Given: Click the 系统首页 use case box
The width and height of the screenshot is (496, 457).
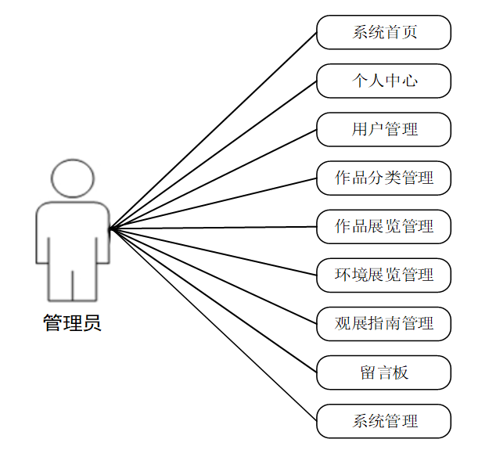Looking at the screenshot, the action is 383,32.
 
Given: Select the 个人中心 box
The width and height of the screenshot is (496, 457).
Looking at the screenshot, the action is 383,81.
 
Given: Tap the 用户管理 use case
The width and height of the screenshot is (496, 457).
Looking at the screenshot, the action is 383,129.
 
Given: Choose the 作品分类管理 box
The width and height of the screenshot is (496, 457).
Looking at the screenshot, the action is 383,178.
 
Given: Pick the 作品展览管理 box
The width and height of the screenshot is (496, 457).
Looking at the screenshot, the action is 383,226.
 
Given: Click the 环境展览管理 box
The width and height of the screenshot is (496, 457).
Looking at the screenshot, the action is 383,275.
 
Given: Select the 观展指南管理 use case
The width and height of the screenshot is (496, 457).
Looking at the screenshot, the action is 383,323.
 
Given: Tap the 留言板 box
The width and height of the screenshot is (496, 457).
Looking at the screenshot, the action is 383,372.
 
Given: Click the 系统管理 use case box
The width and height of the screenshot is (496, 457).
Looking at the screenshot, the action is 383,420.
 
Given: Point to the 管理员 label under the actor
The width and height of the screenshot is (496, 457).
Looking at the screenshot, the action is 72,322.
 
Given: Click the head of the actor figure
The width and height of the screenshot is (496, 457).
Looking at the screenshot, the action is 73,179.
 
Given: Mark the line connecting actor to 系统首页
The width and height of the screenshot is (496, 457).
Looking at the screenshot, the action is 213,131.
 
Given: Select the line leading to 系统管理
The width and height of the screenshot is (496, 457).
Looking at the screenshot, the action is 213,324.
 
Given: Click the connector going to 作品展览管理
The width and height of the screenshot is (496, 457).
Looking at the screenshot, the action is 213,228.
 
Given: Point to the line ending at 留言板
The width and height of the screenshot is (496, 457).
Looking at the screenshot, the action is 213,300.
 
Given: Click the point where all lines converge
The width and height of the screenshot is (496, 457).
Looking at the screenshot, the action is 111,228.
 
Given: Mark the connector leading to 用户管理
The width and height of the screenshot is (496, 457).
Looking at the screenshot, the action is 213,179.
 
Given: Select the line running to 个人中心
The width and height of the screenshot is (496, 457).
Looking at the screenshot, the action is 213,155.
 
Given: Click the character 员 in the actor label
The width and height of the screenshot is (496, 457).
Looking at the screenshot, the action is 92,322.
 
